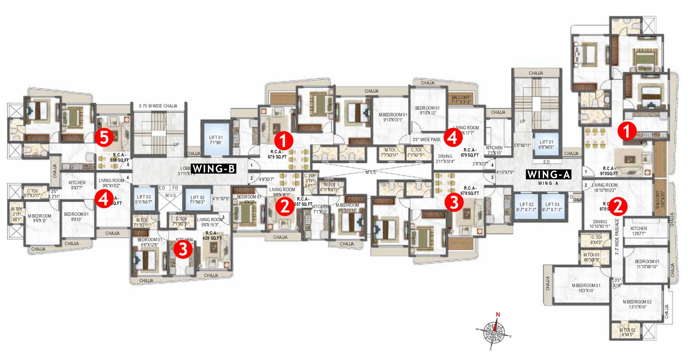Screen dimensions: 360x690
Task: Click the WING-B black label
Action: point(213,168)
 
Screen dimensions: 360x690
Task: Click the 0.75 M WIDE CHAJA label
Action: point(158,106)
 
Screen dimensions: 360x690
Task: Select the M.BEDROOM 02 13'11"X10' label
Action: point(638,304)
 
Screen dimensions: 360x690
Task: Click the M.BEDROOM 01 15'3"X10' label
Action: point(586,287)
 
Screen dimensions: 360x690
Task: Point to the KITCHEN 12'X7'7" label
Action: point(638,231)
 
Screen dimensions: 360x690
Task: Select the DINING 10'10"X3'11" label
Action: point(599,223)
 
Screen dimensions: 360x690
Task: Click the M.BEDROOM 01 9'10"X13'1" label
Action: point(393,117)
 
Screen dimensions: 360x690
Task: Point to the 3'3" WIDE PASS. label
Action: point(426,139)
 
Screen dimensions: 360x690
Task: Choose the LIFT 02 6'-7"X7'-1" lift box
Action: point(526,207)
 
